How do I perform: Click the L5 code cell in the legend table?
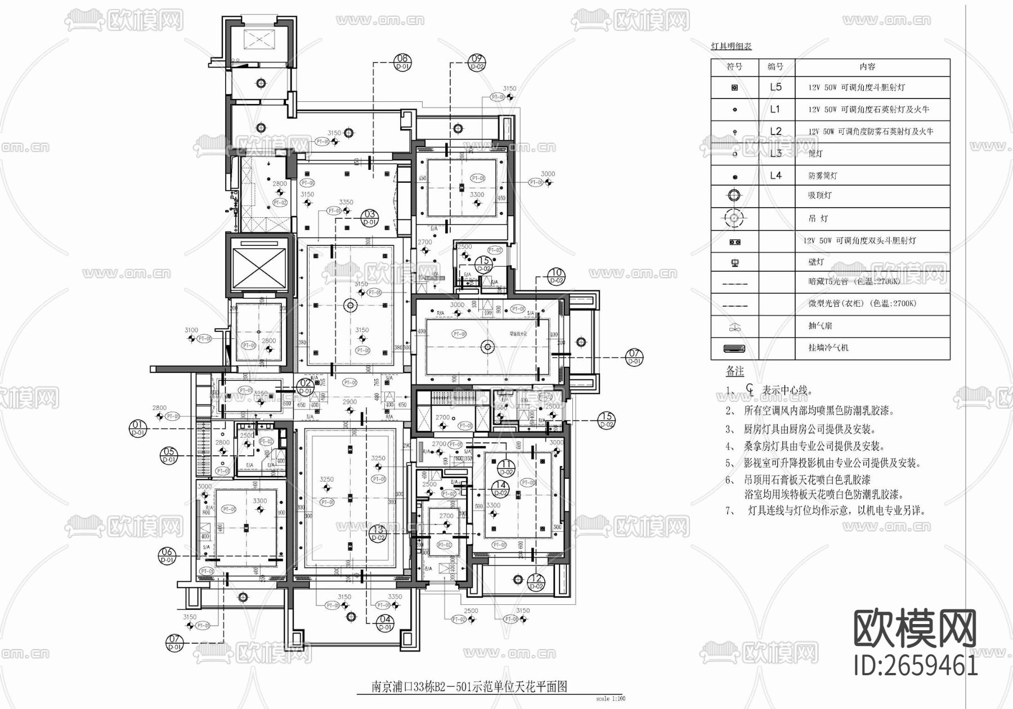tap(776, 87)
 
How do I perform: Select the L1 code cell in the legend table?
tap(776, 109)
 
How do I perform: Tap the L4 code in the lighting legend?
tap(776, 176)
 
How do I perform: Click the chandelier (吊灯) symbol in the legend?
tap(734, 218)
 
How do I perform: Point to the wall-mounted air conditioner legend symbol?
tap(734, 348)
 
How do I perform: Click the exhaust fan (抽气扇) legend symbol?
tap(734, 326)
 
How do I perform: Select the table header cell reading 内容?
tap(867, 66)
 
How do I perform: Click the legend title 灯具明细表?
tap(731, 46)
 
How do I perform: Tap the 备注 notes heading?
tap(734, 371)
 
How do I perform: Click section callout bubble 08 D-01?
tap(403, 62)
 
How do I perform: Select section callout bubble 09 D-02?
tap(477, 62)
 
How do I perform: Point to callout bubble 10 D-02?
tap(556, 276)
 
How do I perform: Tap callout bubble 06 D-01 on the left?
tap(167, 555)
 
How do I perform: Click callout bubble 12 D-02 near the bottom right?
tap(536, 582)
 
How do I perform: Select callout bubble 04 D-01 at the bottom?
tap(385, 623)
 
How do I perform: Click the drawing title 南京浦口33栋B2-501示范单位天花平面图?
tap(468, 686)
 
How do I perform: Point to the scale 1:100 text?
tap(610, 699)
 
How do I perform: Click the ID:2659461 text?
tap(916, 666)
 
